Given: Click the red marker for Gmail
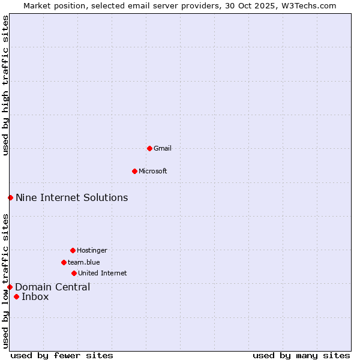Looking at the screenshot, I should tap(149, 148).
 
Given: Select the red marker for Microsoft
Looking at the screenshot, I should tap(134, 171).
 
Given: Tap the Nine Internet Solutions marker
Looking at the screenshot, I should tap(10, 197).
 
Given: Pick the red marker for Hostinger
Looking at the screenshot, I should tap(73, 250).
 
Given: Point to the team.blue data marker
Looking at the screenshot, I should tap(64, 262).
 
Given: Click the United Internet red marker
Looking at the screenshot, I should tap(74, 273).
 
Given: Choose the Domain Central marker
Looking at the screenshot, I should tap(10, 287).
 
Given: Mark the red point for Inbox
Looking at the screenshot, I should tap(16, 296).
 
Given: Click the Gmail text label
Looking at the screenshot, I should tap(163, 148).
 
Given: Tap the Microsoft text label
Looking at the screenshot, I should tap(153, 171).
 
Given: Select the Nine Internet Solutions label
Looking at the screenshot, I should tap(71, 197).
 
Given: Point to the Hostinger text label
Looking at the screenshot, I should tap(92, 250).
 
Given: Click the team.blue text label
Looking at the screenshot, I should tap(84, 262).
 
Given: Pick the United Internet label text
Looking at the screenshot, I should tap(102, 273).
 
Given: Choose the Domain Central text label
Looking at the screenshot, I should tap(53, 287).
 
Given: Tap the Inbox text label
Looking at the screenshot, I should tap(35, 296).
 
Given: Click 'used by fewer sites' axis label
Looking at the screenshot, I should tap(62, 355).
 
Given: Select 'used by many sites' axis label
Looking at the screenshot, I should tap(301, 355).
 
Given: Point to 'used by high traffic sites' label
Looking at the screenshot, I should tap(5, 85).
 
